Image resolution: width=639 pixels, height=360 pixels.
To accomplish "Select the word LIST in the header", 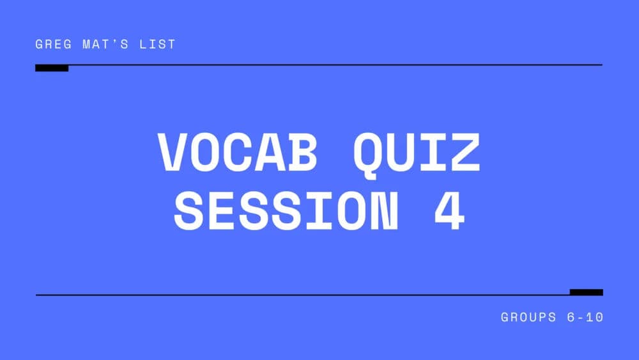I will (157, 45).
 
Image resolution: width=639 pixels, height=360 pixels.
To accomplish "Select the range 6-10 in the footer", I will (583, 317).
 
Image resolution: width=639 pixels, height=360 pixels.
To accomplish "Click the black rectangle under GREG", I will (52, 68).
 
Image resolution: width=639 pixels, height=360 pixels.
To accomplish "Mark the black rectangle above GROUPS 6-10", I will (586, 292).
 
